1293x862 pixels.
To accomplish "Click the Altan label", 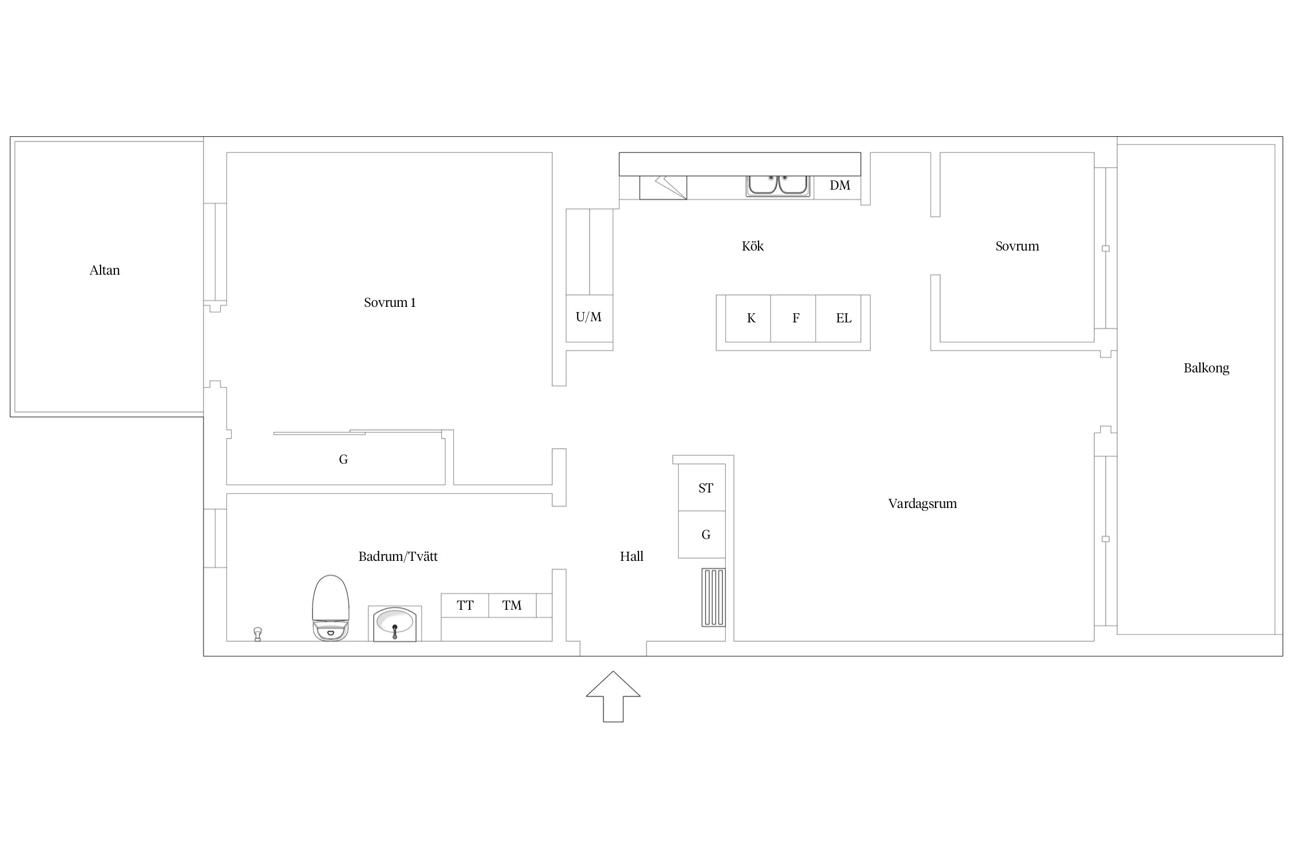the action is [x=105, y=270].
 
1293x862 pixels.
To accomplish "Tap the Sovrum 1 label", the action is [x=390, y=302].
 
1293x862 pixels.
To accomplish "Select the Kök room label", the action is [x=753, y=246].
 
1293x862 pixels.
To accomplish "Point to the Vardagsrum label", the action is [x=922, y=504].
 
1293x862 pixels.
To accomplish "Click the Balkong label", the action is [x=1206, y=368].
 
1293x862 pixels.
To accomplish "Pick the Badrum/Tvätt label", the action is [x=398, y=556].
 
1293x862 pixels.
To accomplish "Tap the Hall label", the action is [x=632, y=556].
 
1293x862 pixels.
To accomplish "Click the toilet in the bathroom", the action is [x=330, y=607].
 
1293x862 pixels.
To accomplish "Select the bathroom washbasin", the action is [x=395, y=624].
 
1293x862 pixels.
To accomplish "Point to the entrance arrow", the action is [x=613, y=696].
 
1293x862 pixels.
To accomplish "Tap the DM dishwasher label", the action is [x=840, y=185].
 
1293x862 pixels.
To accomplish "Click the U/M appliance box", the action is [x=590, y=318].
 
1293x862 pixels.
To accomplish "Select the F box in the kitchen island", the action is [x=793, y=318].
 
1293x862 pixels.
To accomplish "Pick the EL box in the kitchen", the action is [x=838, y=318].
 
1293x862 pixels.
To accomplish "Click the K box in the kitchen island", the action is [x=748, y=318].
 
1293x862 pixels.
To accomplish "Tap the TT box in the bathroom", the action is [x=465, y=606].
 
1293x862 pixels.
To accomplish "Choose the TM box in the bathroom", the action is [x=513, y=606].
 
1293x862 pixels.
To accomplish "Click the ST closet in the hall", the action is [x=702, y=487].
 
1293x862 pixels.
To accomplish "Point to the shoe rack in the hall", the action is [x=714, y=597].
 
